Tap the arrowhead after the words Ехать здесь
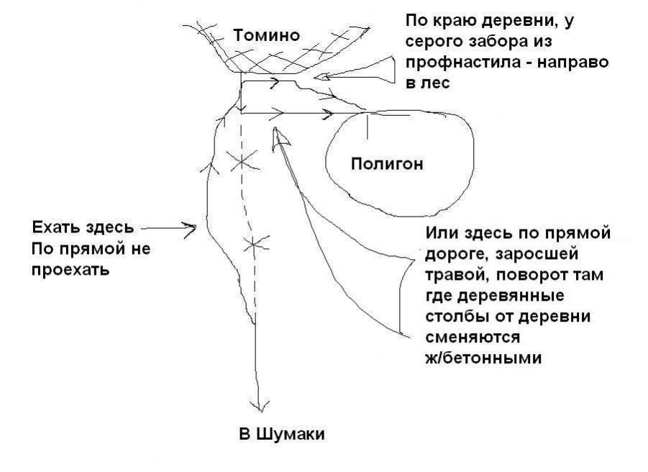[192, 230]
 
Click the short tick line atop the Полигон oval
[368, 124]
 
